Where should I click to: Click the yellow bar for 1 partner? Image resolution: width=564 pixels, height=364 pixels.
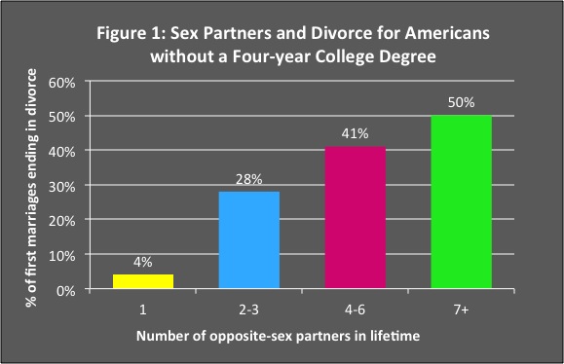144,282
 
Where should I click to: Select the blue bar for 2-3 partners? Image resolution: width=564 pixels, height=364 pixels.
250,240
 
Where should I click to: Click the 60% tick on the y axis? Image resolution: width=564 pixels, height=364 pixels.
61,82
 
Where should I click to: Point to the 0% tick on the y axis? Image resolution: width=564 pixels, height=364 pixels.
65,290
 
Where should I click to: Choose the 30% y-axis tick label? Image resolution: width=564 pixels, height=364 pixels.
61,186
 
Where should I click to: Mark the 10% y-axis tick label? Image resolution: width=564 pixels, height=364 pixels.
61,255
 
